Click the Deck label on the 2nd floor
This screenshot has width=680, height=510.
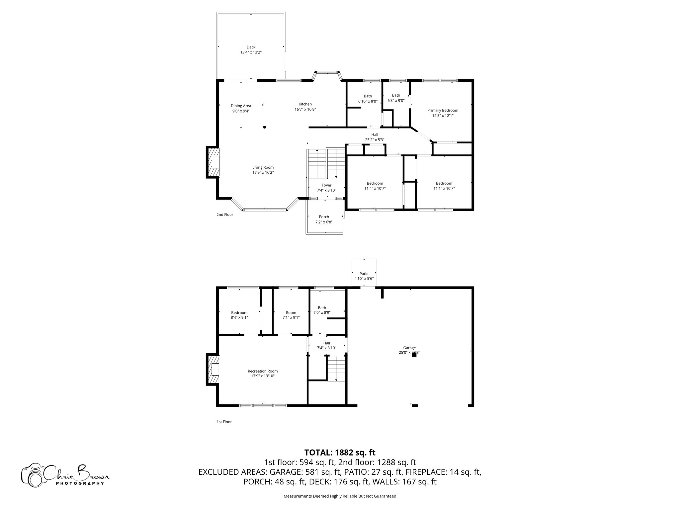pos(251,47)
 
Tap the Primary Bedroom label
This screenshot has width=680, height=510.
pos(443,111)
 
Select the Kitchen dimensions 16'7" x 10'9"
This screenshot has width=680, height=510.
pos(305,109)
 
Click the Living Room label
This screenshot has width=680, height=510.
pos(263,167)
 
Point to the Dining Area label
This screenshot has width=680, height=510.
pos(241,106)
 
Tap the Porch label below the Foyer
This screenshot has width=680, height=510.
pos(324,217)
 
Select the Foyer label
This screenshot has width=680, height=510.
pos(326,185)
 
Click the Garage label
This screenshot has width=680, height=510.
pos(409,348)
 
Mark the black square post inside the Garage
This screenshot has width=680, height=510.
pos(414,355)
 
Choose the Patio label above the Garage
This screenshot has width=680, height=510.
pos(364,274)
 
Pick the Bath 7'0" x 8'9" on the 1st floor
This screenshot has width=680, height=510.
pos(322,310)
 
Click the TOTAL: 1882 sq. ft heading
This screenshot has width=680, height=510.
pos(340,452)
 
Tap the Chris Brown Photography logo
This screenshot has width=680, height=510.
pos(65,475)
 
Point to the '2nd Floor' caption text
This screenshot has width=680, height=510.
pos(225,214)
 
